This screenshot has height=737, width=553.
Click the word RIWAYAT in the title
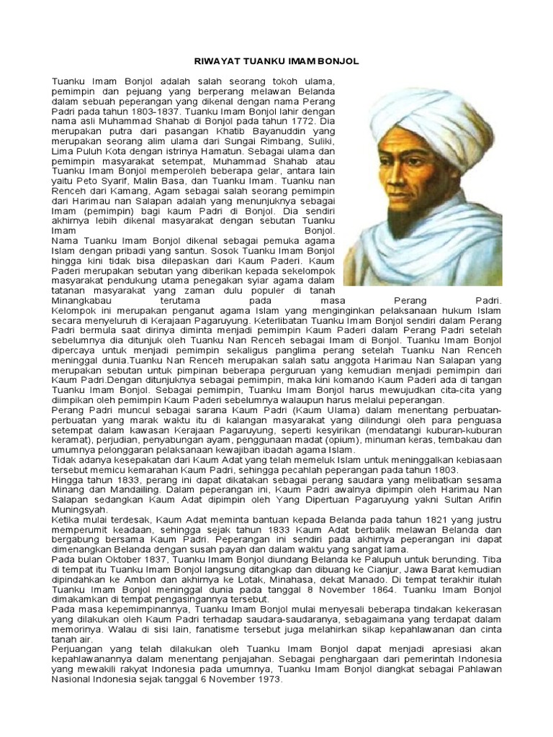(220, 62)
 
